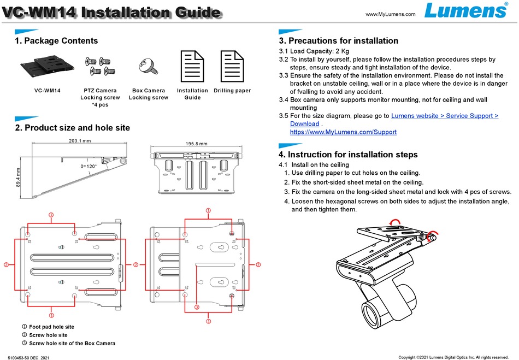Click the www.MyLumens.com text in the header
coord(390,14)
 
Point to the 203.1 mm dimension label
coord(79,141)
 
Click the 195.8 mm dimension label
coord(197,144)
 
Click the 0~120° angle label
coord(89,166)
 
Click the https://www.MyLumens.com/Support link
coord(343,132)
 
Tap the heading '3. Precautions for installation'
coord(338,41)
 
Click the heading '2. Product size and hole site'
coord(72,128)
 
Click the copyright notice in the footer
coord(453,357)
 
